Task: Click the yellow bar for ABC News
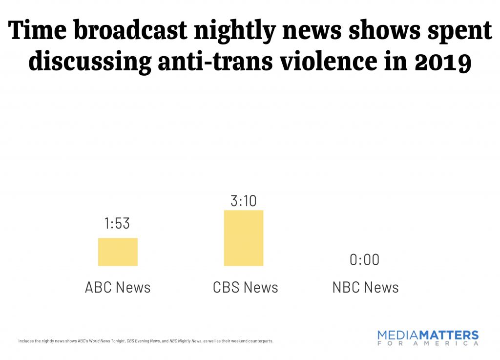pyautogui.click(x=118, y=252)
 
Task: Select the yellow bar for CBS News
pyautogui.click(x=243, y=238)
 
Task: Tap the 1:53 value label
pyautogui.click(x=117, y=223)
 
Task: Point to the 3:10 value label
pyautogui.click(x=243, y=200)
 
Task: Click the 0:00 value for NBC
pyautogui.click(x=364, y=259)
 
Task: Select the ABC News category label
pyautogui.click(x=118, y=287)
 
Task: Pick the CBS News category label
pyautogui.click(x=245, y=287)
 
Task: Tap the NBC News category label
pyautogui.click(x=365, y=287)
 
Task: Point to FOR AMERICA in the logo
pyautogui.click(x=428, y=343)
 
